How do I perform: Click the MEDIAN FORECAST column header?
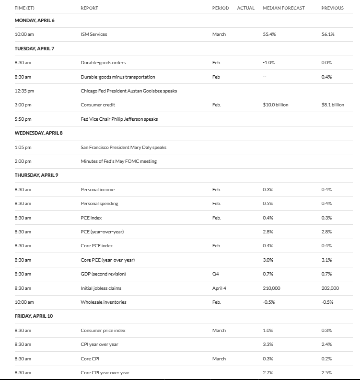[283, 8]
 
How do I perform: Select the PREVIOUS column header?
[332, 8]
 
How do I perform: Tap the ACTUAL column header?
[245, 8]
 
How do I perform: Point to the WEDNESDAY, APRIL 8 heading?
[38, 133]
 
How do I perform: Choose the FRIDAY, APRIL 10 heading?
[35, 316]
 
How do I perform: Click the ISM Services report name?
[94, 35]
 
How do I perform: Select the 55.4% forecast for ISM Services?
[269, 35]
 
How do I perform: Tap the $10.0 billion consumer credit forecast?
[276, 105]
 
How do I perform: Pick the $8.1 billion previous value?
[333, 105]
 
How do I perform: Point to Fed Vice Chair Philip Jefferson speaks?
[119, 119]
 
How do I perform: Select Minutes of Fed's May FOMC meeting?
[118, 161]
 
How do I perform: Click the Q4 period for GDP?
[216, 274]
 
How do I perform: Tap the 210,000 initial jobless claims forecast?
[271, 288]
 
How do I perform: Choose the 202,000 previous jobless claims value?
[330, 288]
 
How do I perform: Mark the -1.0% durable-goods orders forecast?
[268, 63]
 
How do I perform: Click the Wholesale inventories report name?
[104, 302]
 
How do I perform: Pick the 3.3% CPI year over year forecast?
[268, 344]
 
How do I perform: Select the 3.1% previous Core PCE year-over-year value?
[326, 260]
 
